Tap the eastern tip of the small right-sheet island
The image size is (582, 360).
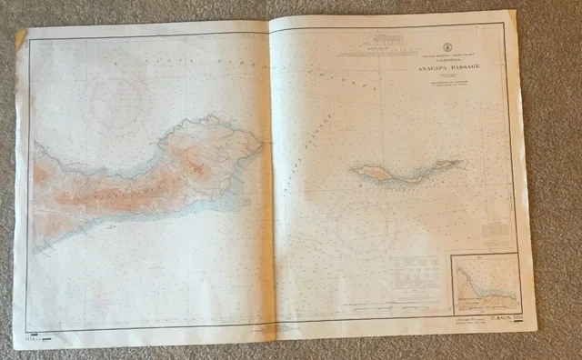tap(460, 163)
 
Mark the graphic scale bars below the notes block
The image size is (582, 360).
tap(419, 298)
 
